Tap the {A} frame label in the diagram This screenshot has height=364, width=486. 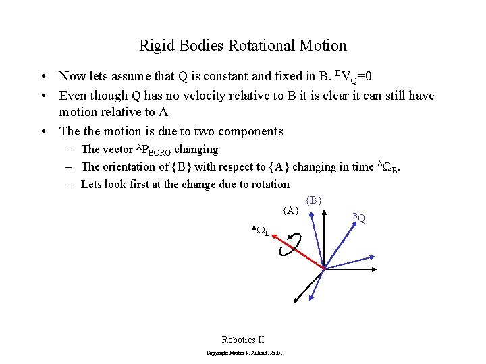(x=291, y=210)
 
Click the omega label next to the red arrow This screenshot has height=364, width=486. (x=261, y=231)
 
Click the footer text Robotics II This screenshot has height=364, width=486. (x=243, y=340)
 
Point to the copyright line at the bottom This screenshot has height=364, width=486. (x=243, y=353)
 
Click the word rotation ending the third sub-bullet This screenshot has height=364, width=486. (x=269, y=184)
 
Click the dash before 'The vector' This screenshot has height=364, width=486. (x=70, y=149)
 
